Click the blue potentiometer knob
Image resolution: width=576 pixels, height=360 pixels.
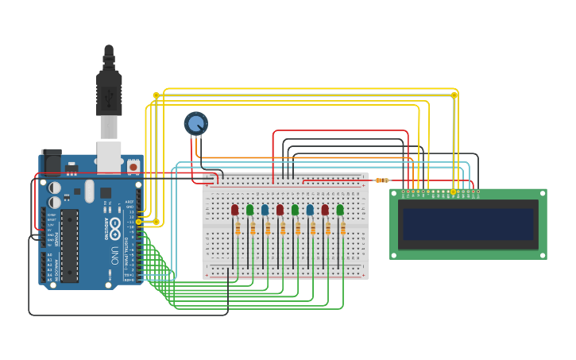(196, 123)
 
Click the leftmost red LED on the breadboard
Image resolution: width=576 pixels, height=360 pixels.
(234, 210)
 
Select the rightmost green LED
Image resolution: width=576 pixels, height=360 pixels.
(340, 210)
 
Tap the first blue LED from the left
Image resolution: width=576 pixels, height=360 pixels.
(265, 210)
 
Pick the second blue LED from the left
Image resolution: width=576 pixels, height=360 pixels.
(310, 210)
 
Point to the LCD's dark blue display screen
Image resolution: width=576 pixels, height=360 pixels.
(468, 223)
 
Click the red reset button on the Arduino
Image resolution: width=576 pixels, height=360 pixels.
(133, 167)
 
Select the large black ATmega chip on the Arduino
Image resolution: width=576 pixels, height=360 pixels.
(70, 246)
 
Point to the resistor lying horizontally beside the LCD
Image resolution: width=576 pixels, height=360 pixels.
(382, 180)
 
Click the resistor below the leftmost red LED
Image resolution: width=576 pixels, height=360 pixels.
(238, 229)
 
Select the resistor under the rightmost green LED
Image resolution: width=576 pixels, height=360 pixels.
(343, 229)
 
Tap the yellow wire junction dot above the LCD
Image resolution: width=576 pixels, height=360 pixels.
(454, 95)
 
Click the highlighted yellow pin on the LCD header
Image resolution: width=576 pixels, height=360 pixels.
(453, 192)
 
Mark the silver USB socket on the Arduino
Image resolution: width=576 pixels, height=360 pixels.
(108, 157)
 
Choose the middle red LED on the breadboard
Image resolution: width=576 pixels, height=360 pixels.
(280, 210)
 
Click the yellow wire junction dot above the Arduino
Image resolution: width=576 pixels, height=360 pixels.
(156, 95)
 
